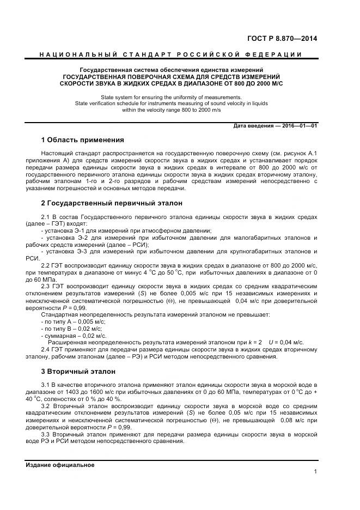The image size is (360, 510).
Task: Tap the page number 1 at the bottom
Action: pos(315,472)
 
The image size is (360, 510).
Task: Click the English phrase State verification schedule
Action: pos(108,102)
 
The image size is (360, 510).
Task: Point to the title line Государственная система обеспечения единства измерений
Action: pos(172,70)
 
